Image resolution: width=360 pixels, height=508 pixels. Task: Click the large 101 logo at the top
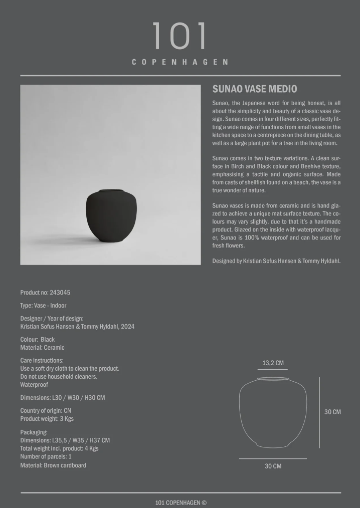(x=179, y=36)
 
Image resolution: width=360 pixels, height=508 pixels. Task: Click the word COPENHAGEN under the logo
(x=180, y=62)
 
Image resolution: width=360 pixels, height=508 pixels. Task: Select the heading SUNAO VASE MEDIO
(x=255, y=89)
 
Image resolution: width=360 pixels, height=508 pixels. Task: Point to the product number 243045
(x=63, y=292)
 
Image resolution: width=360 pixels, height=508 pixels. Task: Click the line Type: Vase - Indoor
(x=43, y=305)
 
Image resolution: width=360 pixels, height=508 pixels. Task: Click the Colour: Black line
(x=38, y=339)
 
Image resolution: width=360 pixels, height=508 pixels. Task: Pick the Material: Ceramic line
(x=42, y=347)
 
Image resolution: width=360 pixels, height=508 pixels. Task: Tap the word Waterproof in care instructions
(x=34, y=385)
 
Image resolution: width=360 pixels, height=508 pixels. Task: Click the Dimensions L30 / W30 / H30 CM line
(x=63, y=398)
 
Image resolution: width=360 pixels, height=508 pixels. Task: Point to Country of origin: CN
(x=46, y=410)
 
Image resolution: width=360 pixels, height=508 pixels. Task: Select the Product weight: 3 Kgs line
(x=47, y=418)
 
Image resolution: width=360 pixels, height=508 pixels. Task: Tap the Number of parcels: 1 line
(x=46, y=456)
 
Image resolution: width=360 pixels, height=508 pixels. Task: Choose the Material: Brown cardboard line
(x=53, y=465)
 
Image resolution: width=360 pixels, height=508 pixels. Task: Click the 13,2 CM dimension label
(x=273, y=363)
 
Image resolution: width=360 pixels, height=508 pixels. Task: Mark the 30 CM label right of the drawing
(x=332, y=412)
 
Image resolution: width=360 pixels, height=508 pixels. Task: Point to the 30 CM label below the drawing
(x=273, y=466)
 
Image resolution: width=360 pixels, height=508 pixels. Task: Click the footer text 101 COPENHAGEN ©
(x=181, y=502)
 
